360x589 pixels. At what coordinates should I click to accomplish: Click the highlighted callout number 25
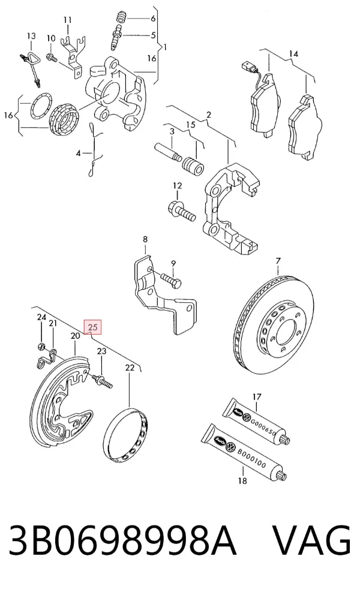pos(93,327)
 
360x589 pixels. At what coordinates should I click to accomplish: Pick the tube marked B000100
pos(244,452)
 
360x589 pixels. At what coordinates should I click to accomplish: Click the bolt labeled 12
pos(182,211)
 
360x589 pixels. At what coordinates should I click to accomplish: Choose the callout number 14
pos(293,54)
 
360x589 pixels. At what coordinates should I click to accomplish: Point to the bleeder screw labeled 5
pos(116,37)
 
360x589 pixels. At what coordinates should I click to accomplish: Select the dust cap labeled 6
pos(121,17)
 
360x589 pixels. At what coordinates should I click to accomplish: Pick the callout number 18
pos(242,480)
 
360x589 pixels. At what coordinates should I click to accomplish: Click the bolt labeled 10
pos(51,58)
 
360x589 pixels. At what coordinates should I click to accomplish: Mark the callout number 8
pos(145,239)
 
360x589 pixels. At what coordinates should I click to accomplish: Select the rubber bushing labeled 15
pos(193,166)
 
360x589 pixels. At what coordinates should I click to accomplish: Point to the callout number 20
pos(76,335)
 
